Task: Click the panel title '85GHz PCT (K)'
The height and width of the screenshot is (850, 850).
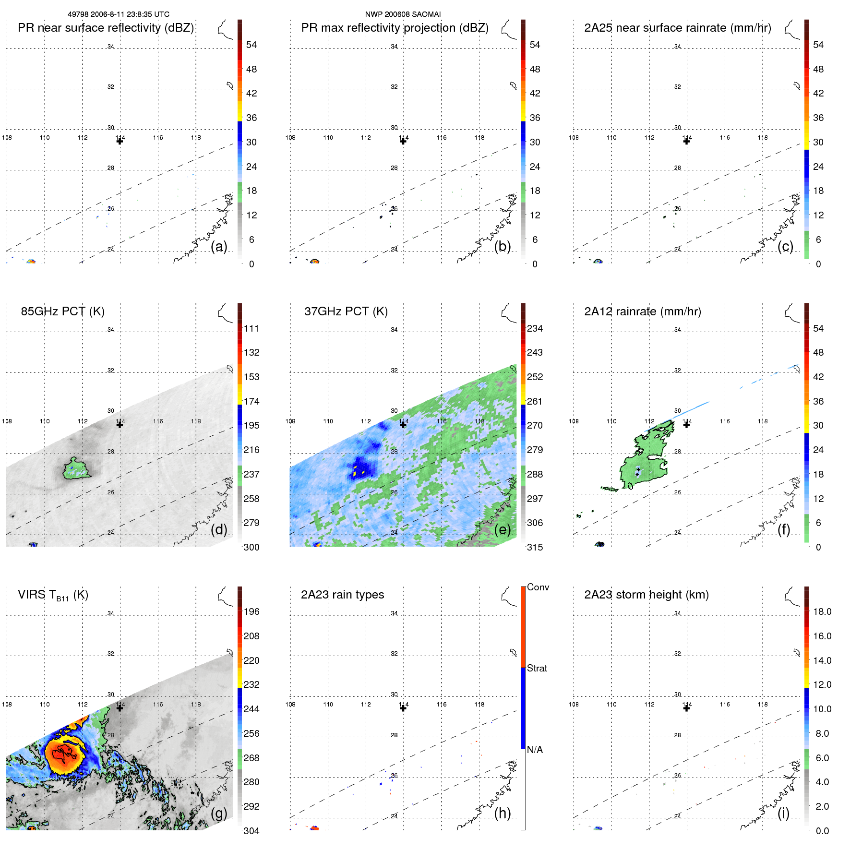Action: [62, 311]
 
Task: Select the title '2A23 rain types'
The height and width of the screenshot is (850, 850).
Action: [342, 595]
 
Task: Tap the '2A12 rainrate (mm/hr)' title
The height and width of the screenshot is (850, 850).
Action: [642, 311]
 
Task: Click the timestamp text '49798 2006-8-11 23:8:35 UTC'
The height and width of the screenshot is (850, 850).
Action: [118, 14]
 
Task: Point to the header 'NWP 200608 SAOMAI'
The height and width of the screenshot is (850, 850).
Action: [403, 14]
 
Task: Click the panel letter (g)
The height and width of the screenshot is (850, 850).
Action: [219, 813]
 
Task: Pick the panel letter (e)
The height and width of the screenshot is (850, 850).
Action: [502, 529]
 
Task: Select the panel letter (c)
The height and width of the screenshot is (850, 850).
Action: [785, 246]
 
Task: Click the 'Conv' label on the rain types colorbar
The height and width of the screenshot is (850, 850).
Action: [538, 587]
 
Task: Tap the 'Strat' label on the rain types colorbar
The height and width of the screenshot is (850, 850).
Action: [537, 668]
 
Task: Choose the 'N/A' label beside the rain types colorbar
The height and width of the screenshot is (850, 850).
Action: [535, 750]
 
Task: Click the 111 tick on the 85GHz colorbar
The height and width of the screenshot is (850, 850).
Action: [251, 329]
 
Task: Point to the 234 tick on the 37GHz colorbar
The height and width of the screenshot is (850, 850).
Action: [535, 329]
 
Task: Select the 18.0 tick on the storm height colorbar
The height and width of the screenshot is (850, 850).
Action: [822, 612]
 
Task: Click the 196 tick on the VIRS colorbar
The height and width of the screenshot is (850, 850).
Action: [251, 612]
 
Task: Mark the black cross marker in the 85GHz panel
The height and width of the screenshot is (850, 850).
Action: [120, 424]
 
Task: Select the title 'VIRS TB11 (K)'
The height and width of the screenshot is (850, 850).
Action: [53, 595]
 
